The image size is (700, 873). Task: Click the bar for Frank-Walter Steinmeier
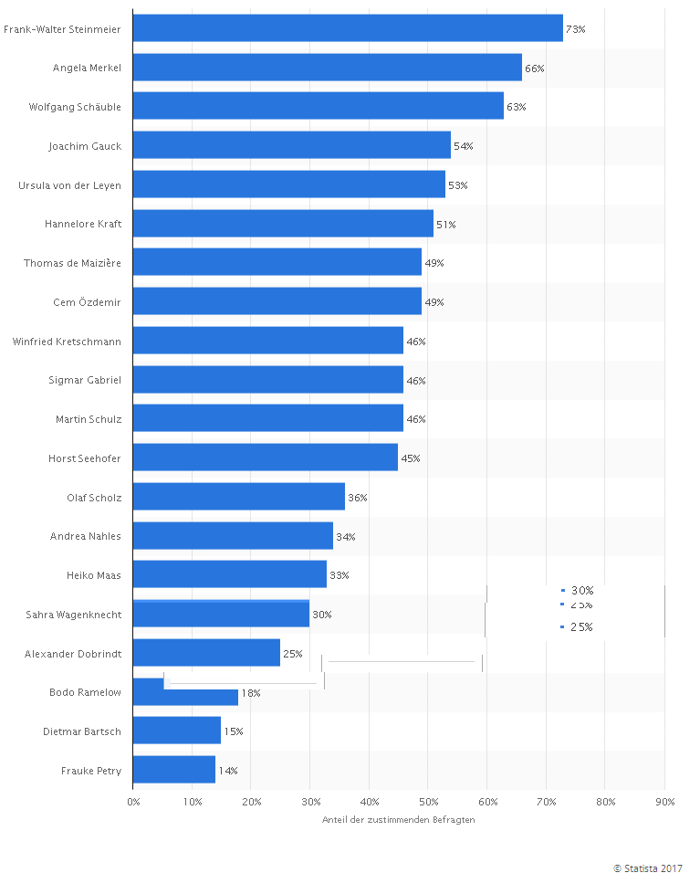[348, 29]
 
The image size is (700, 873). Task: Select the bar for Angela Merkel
[327, 68]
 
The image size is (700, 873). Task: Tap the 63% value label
[517, 107]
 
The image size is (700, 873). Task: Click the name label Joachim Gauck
[85, 146]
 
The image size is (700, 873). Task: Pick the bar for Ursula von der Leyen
[288, 184]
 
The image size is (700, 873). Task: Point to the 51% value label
[445, 224]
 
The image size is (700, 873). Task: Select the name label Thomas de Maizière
[72, 263]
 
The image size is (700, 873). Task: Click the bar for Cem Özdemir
[277, 301]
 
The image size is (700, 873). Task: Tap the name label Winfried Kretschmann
[67, 341]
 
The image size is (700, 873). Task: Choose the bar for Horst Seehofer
[265, 458]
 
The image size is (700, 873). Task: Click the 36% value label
[357, 498]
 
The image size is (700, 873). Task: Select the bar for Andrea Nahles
[233, 536]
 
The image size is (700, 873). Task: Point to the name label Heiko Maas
[94, 575]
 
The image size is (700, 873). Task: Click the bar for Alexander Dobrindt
[206, 653]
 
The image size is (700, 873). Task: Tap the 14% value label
[227, 771]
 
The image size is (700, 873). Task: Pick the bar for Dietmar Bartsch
[176, 731]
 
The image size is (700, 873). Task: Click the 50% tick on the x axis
[427, 802]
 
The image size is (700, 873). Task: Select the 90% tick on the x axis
[664, 802]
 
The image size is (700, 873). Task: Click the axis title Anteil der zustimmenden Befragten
[398, 819]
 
